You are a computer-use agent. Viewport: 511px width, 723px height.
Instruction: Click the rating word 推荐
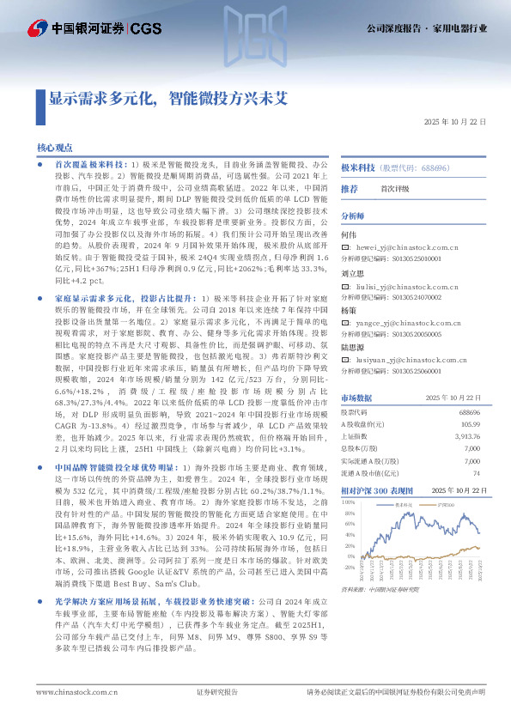coord(350,188)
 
